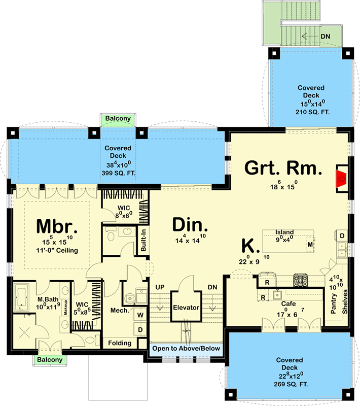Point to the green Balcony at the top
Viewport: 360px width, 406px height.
tap(118, 119)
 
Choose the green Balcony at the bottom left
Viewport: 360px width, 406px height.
tap(49, 360)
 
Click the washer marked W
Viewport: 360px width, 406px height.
tap(140, 315)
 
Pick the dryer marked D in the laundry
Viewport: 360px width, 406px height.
tap(140, 330)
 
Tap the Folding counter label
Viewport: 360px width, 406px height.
tap(120, 343)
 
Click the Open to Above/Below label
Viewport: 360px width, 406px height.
tap(186, 349)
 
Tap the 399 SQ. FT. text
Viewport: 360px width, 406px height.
tap(118, 173)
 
